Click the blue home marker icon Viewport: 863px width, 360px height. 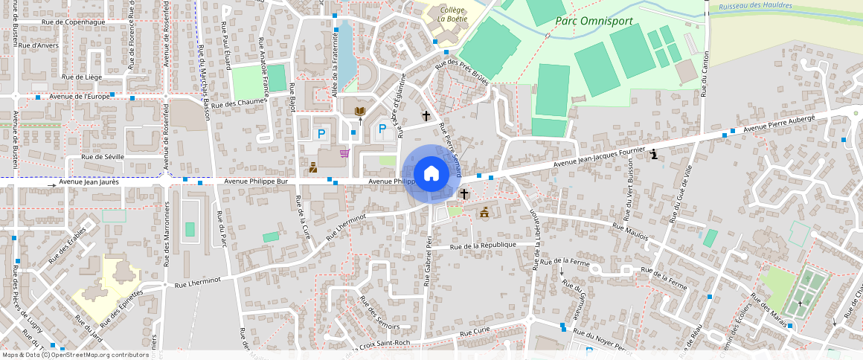coord(431,174)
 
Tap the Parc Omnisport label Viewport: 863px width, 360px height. coord(594,21)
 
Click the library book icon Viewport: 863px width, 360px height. coord(360,112)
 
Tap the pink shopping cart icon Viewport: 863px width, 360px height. coord(344,153)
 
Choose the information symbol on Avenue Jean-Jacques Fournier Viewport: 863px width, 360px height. coord(653,155)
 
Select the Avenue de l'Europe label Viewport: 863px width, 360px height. coord(79,96)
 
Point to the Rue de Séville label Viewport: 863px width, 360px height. coord(103,157)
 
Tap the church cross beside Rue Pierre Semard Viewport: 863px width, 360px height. coord(426,116)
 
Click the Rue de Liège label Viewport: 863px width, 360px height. coord(82,77)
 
